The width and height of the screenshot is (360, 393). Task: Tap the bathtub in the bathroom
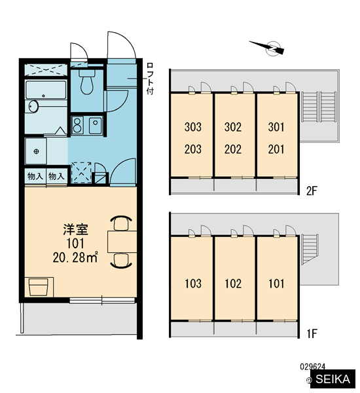click(46, 90)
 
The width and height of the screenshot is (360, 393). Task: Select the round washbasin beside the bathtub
click(33, 107)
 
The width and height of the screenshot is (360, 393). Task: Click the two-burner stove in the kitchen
click(78, 125)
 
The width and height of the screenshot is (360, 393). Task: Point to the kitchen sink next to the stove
click(96, 125)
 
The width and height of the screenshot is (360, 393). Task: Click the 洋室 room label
click(75, 230)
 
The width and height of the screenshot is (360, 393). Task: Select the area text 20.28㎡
click(75, 257)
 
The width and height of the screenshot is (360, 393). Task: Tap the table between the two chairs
click(122, 242)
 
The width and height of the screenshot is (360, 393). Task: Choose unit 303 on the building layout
click(193, 127)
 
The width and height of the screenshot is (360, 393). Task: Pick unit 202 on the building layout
click(233, 149)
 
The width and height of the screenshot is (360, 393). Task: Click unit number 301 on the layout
click(276, 127)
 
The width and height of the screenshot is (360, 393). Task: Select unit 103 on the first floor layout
click(193, 284)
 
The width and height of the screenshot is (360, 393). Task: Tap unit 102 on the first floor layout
click(233, 284)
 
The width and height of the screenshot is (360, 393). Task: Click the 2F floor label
click(312, 191)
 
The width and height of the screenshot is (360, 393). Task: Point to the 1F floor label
click(312, 333)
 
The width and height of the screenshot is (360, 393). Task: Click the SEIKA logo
click(333, 379)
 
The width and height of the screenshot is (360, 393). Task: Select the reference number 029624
click(313, 367)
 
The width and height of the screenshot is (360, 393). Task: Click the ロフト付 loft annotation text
click(150, 79)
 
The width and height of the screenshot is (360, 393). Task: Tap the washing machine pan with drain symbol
click(36, 151)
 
